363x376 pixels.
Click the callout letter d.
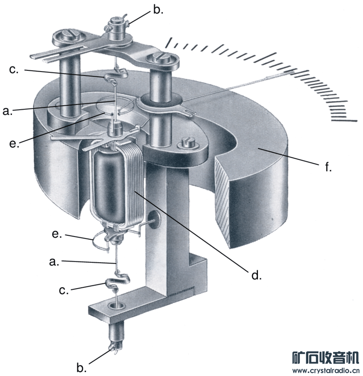[255, 275]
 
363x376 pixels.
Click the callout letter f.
[328, 167]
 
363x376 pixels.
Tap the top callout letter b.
[158, 10]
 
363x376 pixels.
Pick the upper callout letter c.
[14, 70]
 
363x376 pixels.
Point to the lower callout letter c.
[63, 290]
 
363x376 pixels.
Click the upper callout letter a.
[7, 111]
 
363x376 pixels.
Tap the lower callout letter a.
[54, 262]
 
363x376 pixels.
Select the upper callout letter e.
[14, 143]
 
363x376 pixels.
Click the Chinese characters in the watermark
[325, 357]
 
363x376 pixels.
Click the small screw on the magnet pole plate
[187, 142]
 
